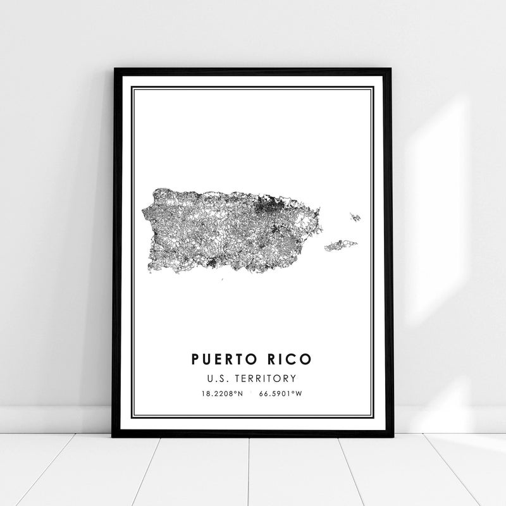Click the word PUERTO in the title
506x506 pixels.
(x=220, y=359)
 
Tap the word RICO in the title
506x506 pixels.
(x=287, y=359)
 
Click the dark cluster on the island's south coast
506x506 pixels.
(x=211, y=262)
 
